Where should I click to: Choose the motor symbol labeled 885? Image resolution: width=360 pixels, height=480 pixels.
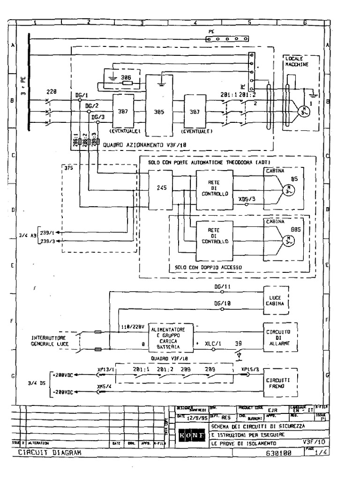pyautogui.click(x=287, y=240)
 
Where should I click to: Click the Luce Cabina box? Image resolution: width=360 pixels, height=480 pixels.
pyautogui.click(x=277, y=300)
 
